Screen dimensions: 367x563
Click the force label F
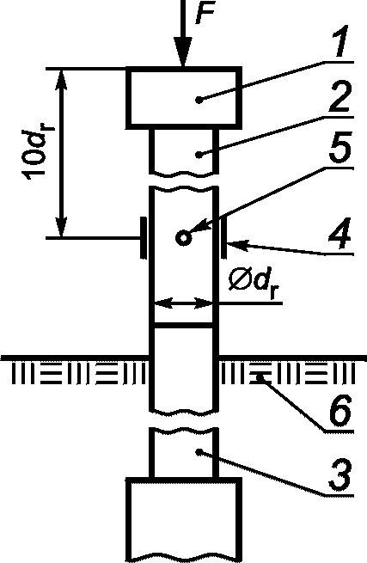(205, 13)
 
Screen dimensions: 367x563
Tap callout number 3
(339, 476)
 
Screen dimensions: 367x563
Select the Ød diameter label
(254, 285)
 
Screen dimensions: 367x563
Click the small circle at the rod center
(184, 238)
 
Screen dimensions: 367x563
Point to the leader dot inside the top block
(199, 100)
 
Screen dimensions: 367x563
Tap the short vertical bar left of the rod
(144, 237)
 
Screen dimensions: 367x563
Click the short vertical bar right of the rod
(223, 237)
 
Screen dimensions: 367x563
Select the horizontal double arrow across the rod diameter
(183, 303)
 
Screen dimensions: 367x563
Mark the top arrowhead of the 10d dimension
(62, 80)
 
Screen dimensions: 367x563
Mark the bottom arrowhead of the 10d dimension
(62, 226)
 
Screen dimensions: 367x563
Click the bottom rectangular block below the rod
(184, 521)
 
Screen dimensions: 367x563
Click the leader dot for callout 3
(199, 452)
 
